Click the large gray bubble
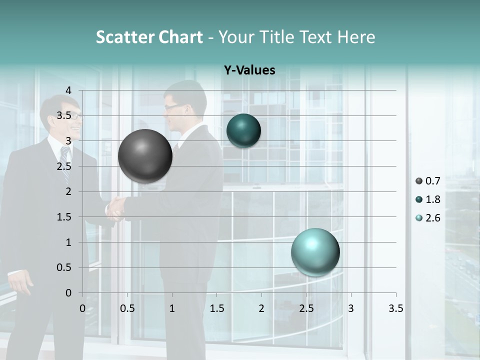[145, 156]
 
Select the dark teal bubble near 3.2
[243, 131]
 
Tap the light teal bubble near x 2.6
[315, 252]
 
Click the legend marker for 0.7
[419, 181]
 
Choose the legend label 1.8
[433, 199]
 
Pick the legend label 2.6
[433, 218]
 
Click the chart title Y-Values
[249, 70]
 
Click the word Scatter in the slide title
[124, 37]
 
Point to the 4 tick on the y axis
[68, 90]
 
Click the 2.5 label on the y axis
[63, 166]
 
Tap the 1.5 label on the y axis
[63, 217]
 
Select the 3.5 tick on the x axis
[395, 308]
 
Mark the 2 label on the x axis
[261, 308]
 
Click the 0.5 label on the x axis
[127, 308]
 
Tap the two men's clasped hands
[116, 207]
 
